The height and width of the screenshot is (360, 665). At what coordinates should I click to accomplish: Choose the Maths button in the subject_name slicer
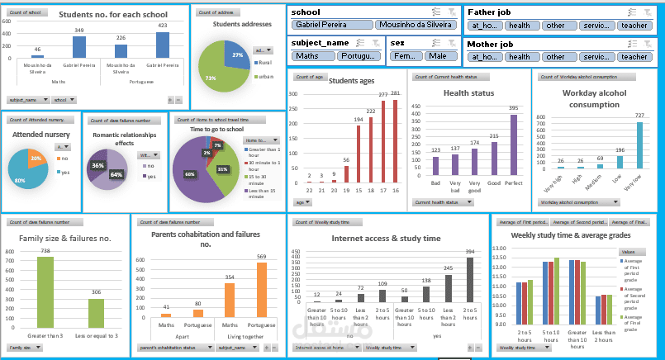tap(311, 56)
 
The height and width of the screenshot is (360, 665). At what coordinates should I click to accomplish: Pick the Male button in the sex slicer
tap(440, 56)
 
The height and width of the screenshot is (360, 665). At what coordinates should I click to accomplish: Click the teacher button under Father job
tap(634, 25)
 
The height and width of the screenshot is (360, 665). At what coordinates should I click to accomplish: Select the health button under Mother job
tap(520, 57)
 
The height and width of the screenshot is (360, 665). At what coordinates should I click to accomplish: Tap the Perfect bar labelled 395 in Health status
tap(513, 144)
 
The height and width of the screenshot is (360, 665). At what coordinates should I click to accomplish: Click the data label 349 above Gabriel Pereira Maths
tap(79, 30)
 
